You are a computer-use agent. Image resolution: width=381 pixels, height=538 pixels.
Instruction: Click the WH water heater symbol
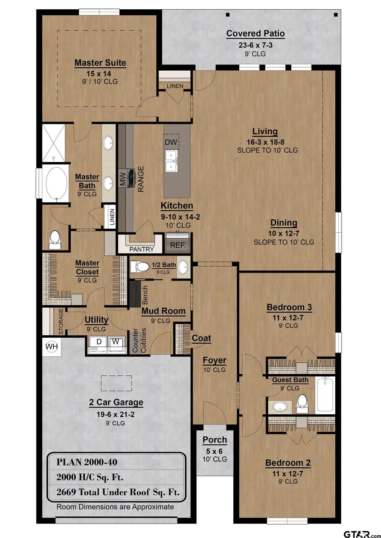coord(51,346)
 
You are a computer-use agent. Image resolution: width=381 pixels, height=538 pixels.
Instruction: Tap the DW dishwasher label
coord(171,142)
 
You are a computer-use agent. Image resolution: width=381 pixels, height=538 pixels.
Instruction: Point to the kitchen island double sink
coord(171,161)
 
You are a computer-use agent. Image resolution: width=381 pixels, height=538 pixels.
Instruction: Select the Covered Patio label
coord(255,33)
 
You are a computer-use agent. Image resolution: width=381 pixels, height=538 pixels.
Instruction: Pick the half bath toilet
coord(140,267)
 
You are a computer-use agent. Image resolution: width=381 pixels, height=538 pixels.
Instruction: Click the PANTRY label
coord(141,249)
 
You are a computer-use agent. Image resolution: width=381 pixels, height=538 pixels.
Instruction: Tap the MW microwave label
coord(122,179)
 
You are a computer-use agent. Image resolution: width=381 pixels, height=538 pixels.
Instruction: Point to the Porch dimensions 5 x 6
coord(214,451)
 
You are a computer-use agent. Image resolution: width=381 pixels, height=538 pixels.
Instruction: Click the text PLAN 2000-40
coord(87,462)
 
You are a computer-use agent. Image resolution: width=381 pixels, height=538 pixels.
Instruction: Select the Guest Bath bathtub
coord(325,395)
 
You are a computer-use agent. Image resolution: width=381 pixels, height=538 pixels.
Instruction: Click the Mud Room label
coord(163,311)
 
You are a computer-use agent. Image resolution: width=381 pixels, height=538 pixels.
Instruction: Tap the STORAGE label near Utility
coord(61,321)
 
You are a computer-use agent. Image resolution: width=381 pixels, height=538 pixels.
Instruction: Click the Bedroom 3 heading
coord(289,307)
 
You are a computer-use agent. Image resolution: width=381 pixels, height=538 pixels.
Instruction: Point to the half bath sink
coord(184,267)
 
